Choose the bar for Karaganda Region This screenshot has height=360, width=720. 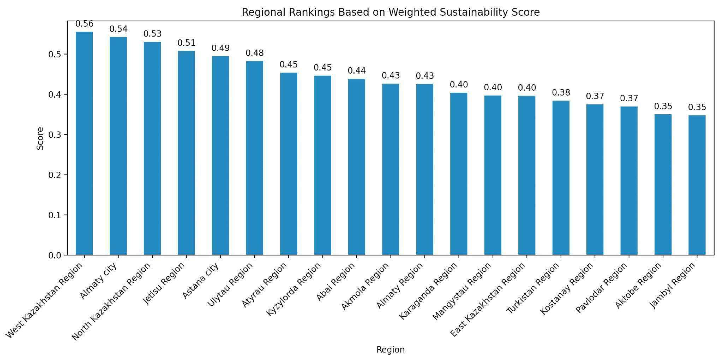[x=459, y=174]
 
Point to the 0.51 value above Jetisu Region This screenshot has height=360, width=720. [x=186, y=43]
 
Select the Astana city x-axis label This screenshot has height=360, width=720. [x=201, y=281]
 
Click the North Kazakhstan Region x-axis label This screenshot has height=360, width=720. [x=112, y=302]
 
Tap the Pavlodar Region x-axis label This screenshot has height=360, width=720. [x=602, y=288]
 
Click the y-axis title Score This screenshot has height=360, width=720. [x=40, y=138]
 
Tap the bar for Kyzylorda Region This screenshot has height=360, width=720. [x=323, y=165]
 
